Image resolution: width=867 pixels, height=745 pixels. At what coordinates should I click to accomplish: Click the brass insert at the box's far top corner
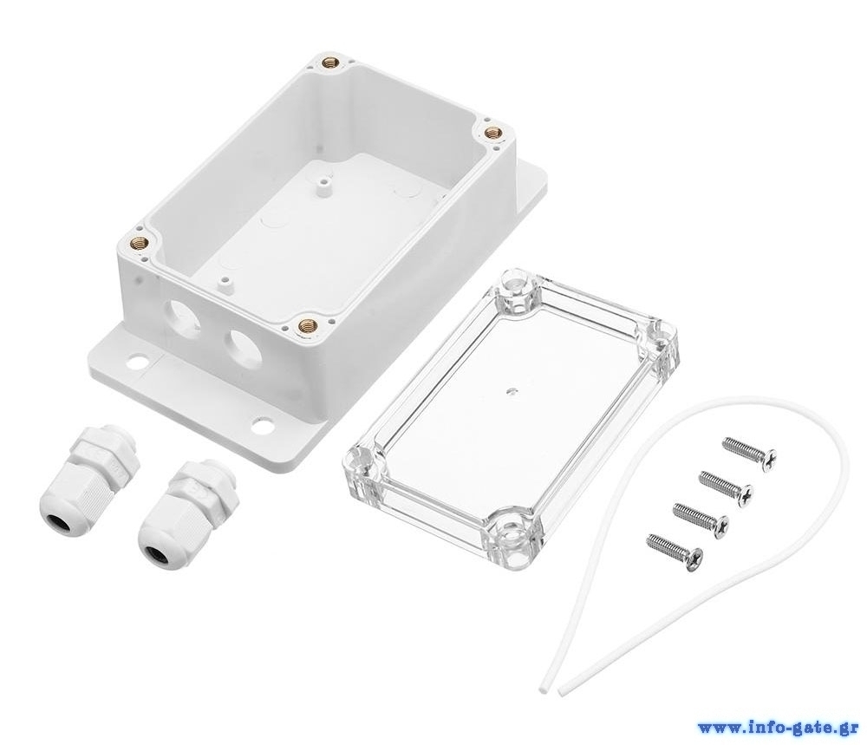pos(331,63)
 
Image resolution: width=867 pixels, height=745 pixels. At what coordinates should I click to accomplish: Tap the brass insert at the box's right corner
pos(492,133)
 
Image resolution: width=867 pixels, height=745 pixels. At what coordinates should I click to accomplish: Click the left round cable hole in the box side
pos(184,315)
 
